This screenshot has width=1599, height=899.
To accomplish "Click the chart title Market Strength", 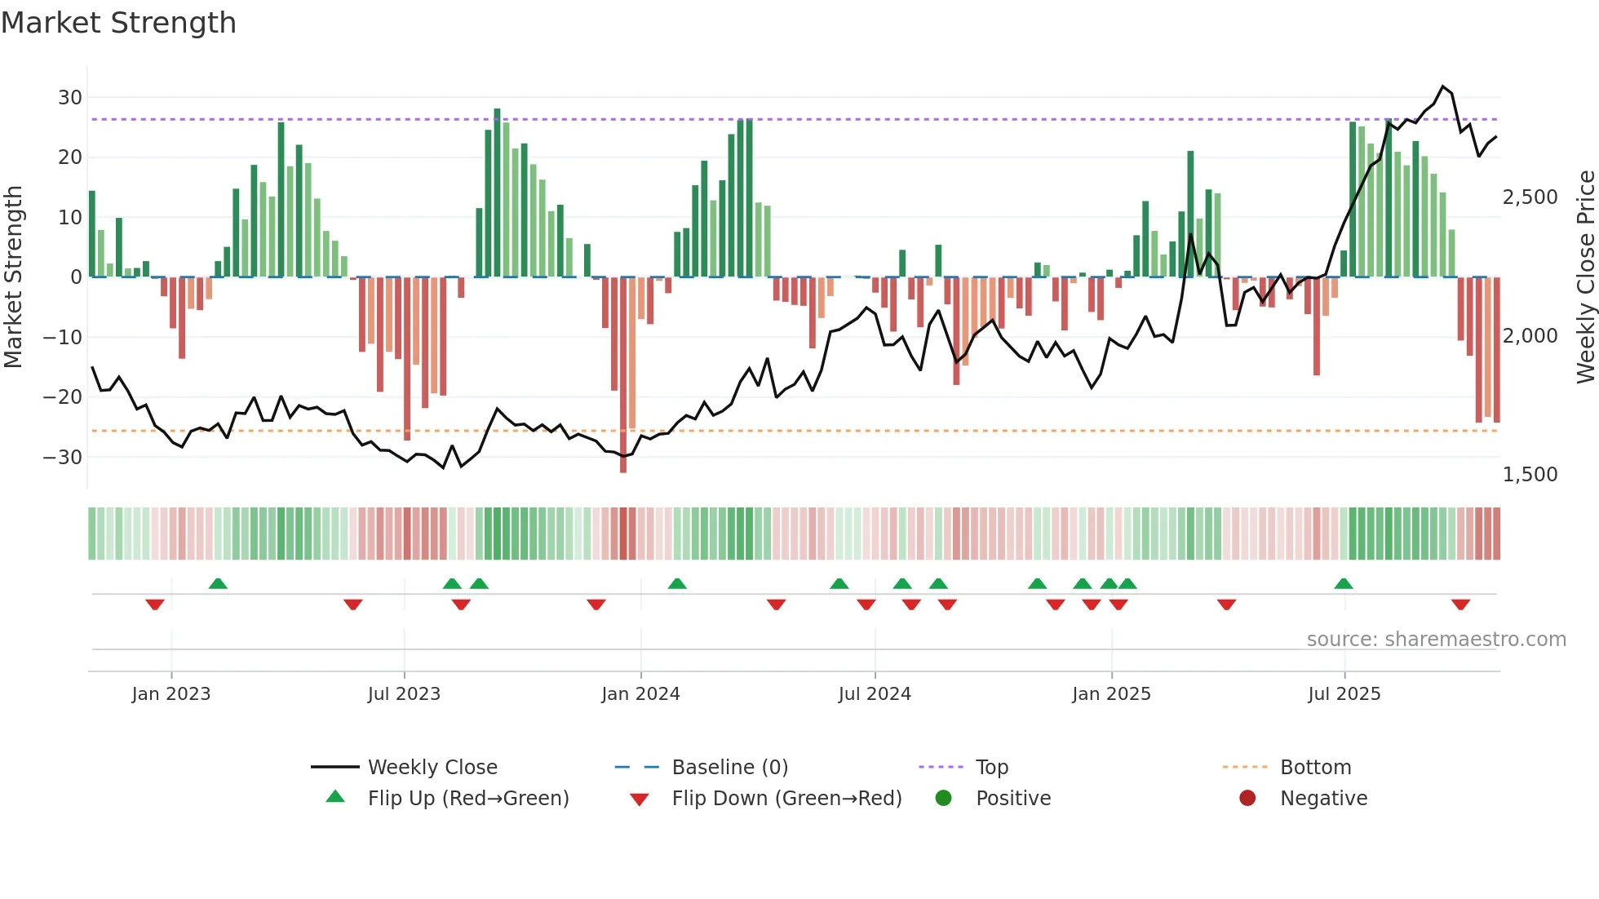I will click(118, 23).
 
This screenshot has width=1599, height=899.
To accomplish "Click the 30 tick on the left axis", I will click(70, 98).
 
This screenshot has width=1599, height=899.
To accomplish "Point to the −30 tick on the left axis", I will click(64, 457).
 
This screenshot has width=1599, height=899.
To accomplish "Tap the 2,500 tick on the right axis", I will click(1530, 197).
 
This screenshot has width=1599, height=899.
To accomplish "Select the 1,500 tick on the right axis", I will click(1530, 475).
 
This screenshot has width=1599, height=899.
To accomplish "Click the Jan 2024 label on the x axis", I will click(640, 694).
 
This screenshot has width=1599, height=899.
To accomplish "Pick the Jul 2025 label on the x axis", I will click(1344, 694).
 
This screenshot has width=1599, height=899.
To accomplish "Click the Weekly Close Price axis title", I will click(1585, 277).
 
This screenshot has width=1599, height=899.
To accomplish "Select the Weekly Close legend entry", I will click(432, 768).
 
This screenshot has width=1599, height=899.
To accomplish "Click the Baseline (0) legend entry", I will click(729, 768).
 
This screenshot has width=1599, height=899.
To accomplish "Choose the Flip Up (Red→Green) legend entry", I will click(467, 799).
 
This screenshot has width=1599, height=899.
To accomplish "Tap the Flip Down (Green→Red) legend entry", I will click(786, 799).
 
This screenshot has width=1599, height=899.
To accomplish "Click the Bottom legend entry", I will click(1315, 768).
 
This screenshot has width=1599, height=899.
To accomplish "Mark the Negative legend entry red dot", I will click(1247, 799).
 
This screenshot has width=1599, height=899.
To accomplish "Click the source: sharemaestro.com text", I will click(1436, 640).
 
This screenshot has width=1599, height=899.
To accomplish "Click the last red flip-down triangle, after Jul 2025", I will click(1460, 604).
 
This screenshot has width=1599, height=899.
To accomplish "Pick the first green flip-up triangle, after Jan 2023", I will click(218, 583).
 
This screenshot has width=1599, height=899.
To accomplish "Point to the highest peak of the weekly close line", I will click(1443, 86).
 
